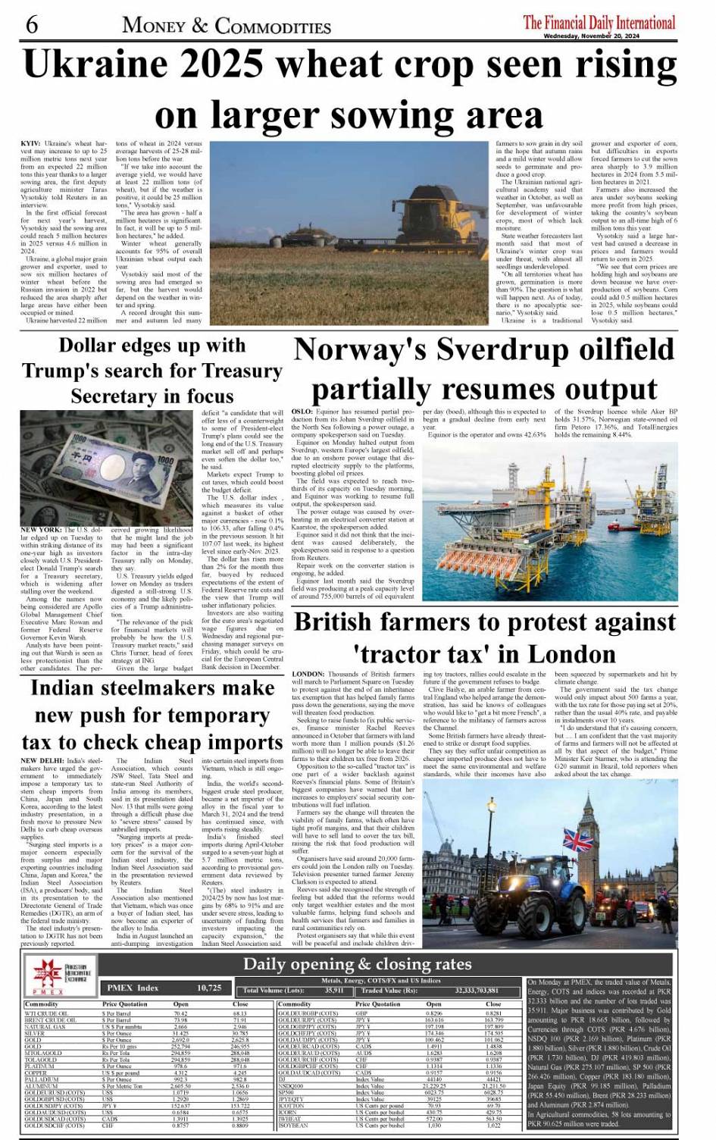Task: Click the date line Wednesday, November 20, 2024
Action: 591,36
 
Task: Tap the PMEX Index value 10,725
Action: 209,988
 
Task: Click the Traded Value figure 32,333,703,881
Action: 477,990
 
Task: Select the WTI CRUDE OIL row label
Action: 46,1013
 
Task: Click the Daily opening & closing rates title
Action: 357,964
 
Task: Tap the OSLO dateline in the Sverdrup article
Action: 302,412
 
